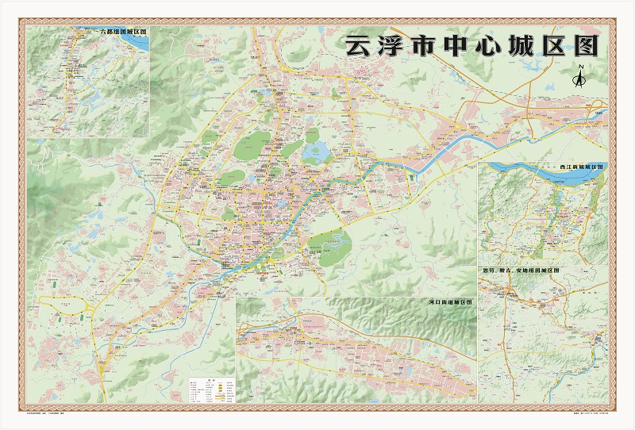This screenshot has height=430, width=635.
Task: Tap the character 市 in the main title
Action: click(421, 45)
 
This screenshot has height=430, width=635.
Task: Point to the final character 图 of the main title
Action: click(587, 45)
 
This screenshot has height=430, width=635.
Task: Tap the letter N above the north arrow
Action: click(580, 67)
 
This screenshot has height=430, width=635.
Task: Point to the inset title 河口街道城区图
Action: click(450, 302)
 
